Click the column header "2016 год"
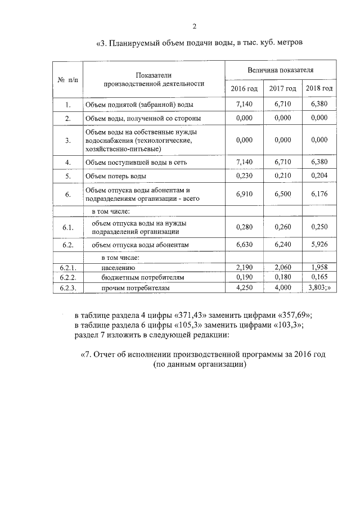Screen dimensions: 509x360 (245, 89)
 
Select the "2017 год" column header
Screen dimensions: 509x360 (282, 89)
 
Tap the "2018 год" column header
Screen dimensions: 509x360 (319, 89)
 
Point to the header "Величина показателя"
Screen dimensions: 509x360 (281, 70)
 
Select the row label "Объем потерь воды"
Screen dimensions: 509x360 (116, 175)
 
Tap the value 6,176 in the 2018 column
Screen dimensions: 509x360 (319, 194)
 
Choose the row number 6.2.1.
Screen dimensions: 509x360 (68, 268)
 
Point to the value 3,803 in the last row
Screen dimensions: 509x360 (318, 288)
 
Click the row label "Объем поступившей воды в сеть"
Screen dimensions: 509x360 (132, 162)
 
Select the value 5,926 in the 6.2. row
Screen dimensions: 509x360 (319, 245)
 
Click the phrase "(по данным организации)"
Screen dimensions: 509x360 (200, 364)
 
